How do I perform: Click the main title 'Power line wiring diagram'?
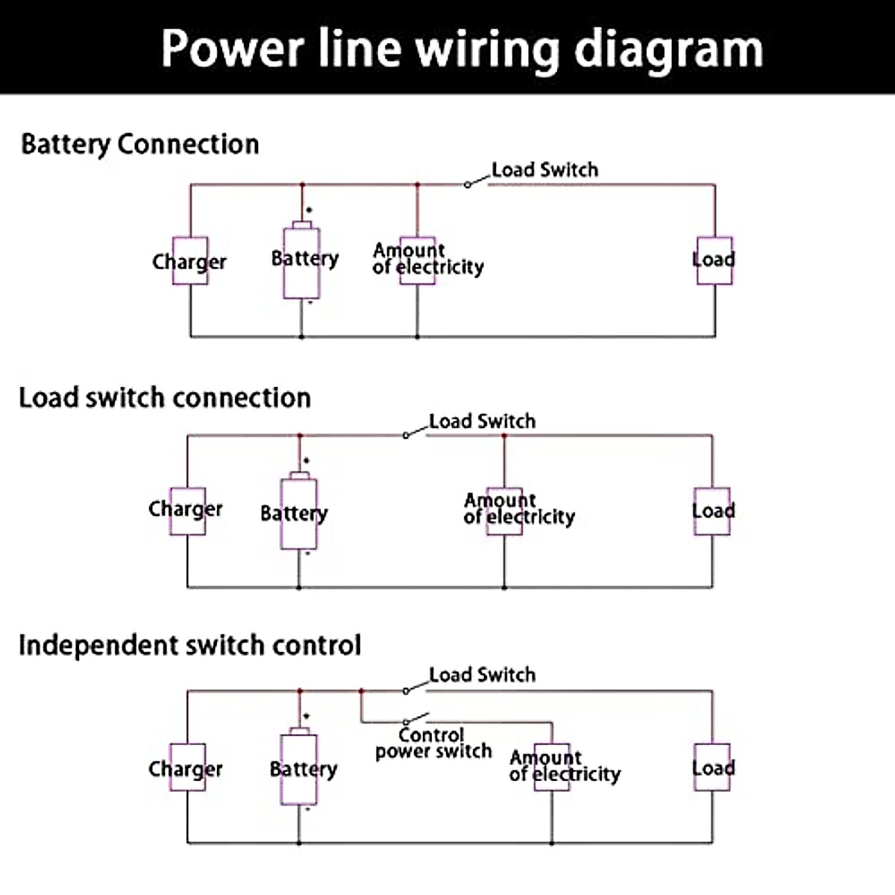coord(462,48)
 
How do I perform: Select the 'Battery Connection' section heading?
coord(140,144)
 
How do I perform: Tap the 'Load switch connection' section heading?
coord(165,398)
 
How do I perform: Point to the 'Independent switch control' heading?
coord(190,645)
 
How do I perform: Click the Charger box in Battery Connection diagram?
coord(190,260)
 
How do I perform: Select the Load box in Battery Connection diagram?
coord(715,260)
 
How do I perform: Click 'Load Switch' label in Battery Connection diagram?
coord(544,170)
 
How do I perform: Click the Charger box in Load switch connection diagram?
coord(186,510)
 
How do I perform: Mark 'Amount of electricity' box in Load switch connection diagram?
coord(504,509)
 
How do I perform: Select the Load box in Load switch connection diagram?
coord(712,511)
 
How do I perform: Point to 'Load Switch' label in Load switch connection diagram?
coord(482,421)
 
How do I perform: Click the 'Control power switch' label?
coord(433,744)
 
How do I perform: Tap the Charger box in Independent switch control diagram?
coord(187,767)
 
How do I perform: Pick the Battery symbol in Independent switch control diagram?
coord(299,769)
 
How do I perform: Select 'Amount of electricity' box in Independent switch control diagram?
coord(552,766)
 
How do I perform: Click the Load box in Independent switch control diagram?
coord(712,767)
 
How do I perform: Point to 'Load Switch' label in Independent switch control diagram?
coord(482,675)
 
